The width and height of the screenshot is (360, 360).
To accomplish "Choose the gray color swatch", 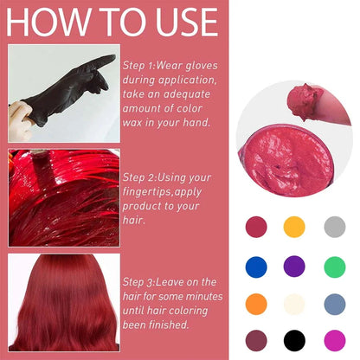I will tap(335, 226).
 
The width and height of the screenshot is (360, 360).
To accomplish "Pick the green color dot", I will tap(335, 265).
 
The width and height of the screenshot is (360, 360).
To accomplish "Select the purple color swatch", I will tap(295, 265).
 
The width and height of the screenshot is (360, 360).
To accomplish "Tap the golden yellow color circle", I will tap(295, 226).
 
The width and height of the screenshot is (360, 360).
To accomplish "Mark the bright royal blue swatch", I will tap(255, 265).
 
